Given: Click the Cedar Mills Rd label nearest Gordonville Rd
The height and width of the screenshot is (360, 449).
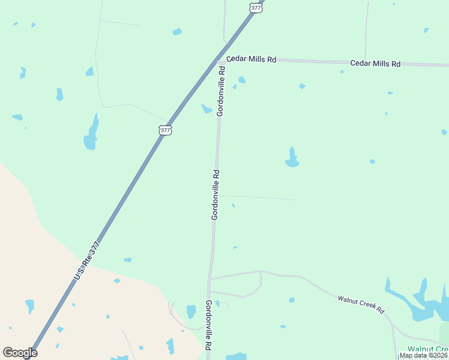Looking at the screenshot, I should click(x=251, y=59).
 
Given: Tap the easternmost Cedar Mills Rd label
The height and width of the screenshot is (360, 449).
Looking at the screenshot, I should click(x=375, y=63).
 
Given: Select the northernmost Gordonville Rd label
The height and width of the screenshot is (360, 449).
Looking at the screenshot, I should click(x=221, y=91).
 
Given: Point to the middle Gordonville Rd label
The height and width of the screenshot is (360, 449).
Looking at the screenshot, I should click(x=215, y=194).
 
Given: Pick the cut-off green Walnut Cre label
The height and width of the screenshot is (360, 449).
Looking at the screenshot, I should click(x=427, y=349).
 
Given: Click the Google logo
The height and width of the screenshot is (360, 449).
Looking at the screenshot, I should click(x=20, y=353).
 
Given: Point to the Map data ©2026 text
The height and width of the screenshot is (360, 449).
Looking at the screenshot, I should click(x=423, y=355).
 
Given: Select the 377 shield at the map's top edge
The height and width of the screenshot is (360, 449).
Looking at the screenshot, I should click(x=256, y=7).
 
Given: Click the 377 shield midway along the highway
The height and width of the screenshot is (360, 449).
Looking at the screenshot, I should click(x=166, y=130).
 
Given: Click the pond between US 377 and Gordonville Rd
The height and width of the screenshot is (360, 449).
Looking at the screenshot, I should click(x=207, y=109).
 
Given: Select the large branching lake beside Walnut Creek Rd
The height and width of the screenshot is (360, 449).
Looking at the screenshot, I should click(x=420, y=303).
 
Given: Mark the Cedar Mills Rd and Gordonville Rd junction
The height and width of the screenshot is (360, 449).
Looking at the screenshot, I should click(x=221, y=61).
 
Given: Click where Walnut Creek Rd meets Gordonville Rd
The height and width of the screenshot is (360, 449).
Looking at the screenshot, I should click(x=209, y=280).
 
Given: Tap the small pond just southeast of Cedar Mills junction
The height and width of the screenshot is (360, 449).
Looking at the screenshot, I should click(x=242, y=80).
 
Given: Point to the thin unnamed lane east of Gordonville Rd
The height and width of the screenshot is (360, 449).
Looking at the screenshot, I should click(x=258, y=197).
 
